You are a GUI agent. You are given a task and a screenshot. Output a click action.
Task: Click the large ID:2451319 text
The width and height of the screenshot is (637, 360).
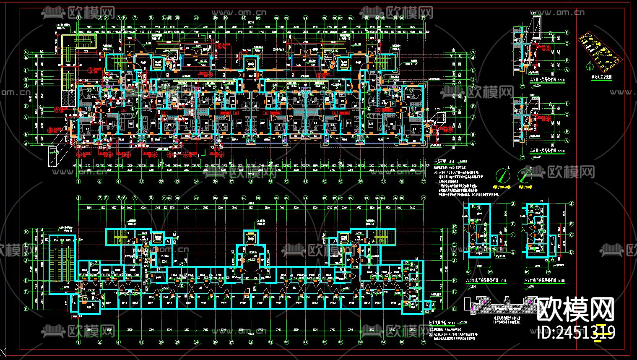click(x=576, y=332)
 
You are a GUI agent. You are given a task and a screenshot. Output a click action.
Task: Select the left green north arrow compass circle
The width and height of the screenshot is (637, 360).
click(x=502, y=175)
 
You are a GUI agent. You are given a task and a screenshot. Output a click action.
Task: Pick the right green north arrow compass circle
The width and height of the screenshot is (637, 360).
click(x=525, y=175)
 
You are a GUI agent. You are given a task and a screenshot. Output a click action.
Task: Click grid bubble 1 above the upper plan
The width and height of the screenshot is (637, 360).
click(x=78, y=18)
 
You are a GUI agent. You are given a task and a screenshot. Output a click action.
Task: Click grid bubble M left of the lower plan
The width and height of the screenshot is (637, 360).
click(x=26, y=232)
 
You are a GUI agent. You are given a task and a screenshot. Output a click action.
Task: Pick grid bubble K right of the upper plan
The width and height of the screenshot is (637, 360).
click(x=473, y=79)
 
